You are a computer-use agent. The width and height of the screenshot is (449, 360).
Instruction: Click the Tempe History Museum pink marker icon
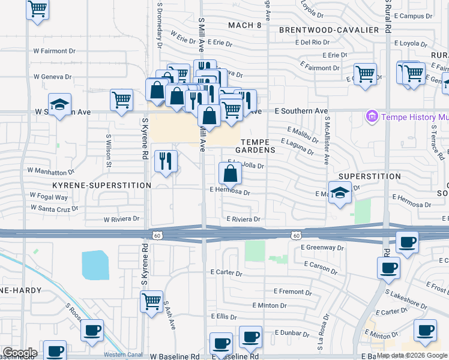372,116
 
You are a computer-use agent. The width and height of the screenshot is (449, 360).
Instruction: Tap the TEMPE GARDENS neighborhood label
255,145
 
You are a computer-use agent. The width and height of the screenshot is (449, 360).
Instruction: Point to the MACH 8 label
245,25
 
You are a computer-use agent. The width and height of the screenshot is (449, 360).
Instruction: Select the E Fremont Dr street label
292,292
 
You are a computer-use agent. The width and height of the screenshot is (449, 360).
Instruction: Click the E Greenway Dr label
324,247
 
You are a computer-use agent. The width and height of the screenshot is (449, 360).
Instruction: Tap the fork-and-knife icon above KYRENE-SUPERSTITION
166,161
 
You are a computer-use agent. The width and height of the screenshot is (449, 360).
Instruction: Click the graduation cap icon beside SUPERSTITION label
340,193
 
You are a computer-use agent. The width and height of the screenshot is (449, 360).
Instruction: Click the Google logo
19,353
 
